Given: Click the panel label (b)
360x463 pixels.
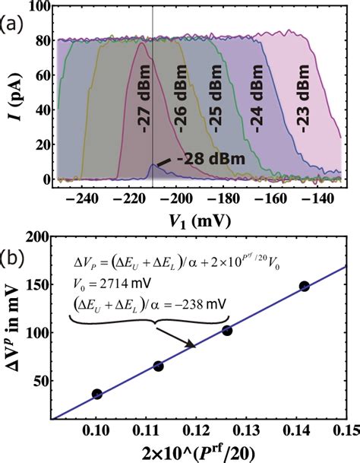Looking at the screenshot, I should (13, 247).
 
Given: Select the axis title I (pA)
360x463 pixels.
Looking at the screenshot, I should (14, 94).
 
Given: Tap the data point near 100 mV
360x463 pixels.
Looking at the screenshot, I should (226, 331).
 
